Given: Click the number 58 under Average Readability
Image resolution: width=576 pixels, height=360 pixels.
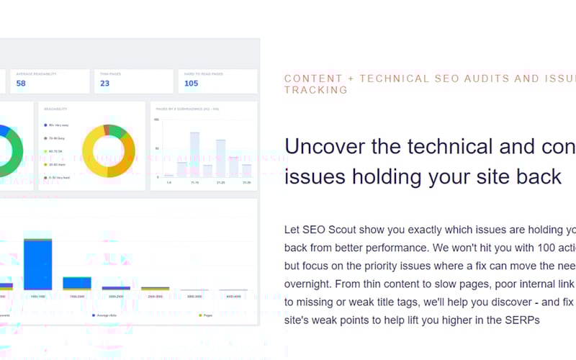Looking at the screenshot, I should coord(21,84).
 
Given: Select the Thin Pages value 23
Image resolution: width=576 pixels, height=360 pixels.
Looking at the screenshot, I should coord(105,84).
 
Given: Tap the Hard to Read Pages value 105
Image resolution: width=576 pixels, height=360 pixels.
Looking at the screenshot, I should coord(191,84).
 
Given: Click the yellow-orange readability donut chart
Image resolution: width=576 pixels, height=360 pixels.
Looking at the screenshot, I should coord(109,150).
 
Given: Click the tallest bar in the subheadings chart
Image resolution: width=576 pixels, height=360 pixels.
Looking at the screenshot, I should coord(194,154).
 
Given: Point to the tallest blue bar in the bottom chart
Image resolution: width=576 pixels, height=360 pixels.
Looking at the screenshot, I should coord(38,264).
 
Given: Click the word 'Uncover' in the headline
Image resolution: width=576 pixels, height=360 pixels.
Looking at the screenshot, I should coord(327,147).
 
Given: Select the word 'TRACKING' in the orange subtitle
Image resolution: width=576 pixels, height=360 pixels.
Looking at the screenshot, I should coord(316,91).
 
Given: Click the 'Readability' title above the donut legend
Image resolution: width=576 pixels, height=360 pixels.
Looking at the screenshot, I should coord(55,109).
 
